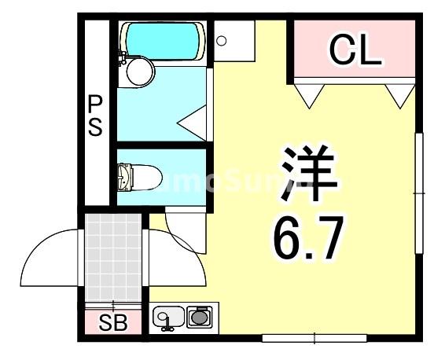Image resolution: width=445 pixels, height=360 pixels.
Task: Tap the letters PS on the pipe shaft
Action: [95, 116]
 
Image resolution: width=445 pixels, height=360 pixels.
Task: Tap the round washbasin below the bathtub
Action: [140, 72]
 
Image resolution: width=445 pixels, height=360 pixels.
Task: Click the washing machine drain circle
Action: [222, 39]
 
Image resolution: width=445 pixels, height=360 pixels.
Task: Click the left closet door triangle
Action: [309, 94]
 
